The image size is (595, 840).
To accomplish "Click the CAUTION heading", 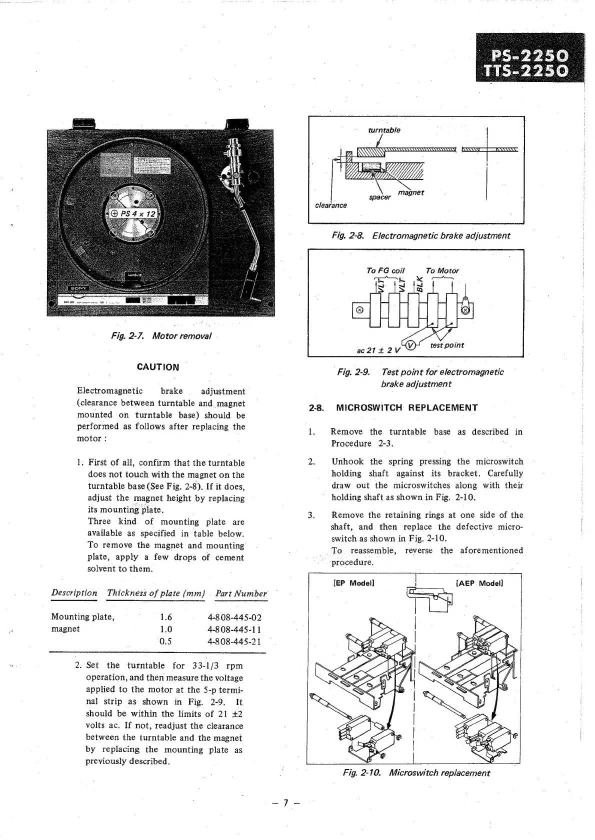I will tap(158, 367).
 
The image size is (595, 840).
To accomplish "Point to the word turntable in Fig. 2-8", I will tap(384, 130).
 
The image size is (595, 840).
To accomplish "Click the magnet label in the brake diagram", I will tap(411, 192).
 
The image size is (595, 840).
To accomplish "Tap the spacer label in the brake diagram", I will tap(379, 197).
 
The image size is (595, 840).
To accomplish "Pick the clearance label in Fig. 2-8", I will tap(330, 205).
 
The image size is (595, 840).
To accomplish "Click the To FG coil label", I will tap(385, 270).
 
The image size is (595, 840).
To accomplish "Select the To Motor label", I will tap(442, 270).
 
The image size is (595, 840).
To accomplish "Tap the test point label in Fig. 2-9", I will tap(447, 345).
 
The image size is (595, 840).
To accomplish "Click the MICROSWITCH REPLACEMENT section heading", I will tap(406, 407).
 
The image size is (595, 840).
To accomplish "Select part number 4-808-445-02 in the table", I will tap(234, 617).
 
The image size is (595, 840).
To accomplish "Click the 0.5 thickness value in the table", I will tap(166, 641).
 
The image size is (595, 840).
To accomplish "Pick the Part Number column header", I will tap(241, 593).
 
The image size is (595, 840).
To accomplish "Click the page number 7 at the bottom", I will tap(285, 803).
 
